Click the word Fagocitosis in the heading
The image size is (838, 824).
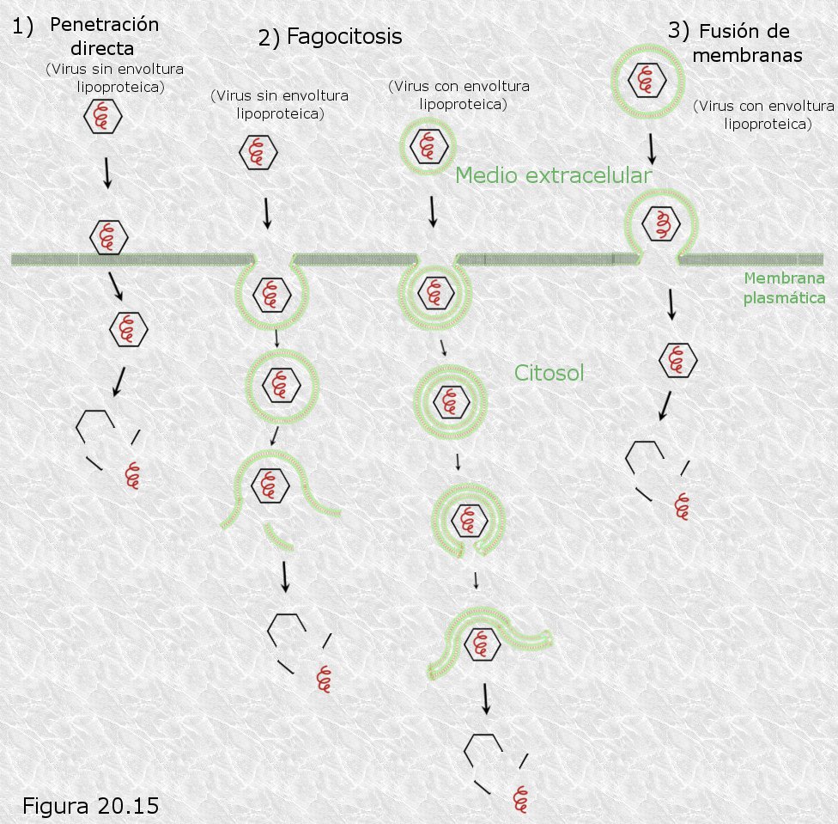(344, 36)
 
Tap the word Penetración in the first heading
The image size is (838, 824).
(104, 25)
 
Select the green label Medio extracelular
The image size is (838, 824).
(553, 175)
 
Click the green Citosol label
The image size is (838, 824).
(549, 373)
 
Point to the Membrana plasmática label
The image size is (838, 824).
(784, 288)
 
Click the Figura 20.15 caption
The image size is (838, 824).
(90, 806)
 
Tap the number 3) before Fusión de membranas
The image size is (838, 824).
(678, 31)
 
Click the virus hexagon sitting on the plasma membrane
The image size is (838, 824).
(108, 237)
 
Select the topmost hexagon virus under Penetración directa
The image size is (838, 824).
(103, 116)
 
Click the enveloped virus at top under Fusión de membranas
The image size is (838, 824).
(647, 82)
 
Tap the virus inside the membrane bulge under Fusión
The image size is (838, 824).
(661, 223)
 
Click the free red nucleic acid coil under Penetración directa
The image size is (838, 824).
(132, 475)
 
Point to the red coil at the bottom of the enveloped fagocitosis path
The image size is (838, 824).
(520, 799)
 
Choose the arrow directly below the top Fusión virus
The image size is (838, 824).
(652, 149)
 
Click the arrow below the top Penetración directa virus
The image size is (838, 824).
(107, 173)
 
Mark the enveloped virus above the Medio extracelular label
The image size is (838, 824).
(428, 146)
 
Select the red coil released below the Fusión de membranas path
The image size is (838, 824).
(682, 506)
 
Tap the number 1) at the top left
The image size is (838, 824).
(22, 26)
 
